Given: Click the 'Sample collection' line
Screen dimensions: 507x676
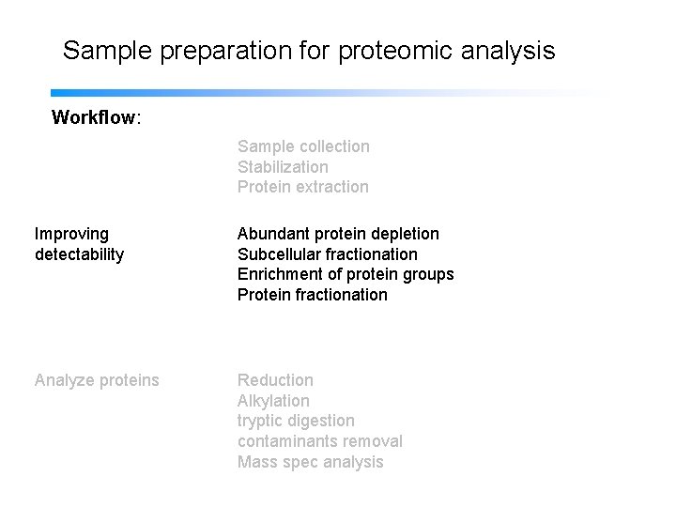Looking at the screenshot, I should (x=303, y=146).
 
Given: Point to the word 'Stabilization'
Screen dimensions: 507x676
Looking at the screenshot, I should (x=283, y=167).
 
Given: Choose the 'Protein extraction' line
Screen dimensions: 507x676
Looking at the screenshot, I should (x=302, y=187).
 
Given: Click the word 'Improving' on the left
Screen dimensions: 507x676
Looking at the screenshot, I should (x=71, y=233).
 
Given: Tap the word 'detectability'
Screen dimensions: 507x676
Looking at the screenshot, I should (x=79, y=254).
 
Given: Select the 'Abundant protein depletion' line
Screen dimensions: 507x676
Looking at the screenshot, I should (x=338, y=233).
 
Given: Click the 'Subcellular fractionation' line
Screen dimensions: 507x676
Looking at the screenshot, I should (x=327, y=254).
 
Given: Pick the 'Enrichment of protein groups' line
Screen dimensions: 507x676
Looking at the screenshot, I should (x=345, y=274).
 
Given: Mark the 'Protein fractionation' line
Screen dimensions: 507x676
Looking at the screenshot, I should (x=312, y=295).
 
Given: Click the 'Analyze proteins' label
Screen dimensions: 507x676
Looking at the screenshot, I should (x=97, y=380).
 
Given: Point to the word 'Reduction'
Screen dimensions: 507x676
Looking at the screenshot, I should (x=275, y=380).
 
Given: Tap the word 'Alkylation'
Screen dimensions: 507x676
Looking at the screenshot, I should (x=273, y=401).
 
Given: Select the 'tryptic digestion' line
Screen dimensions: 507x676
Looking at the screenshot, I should (x=296, y=421).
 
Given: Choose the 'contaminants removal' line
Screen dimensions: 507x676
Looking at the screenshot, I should (x=319, y=441).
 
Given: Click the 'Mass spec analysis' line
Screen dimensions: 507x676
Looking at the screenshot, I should (x=310, y=462).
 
